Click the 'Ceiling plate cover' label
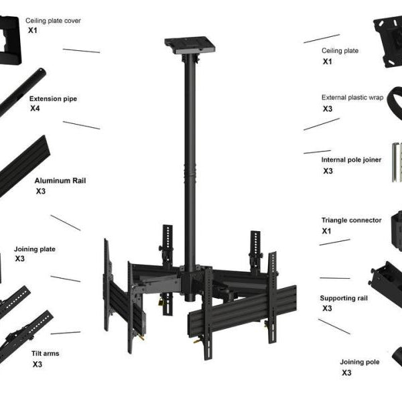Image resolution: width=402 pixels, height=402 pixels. click(53, 21)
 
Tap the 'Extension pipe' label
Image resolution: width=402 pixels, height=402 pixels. click(53, 98)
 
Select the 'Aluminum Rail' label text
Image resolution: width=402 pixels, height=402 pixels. click(60, 180)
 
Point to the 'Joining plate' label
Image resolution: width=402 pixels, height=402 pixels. click(35, 249)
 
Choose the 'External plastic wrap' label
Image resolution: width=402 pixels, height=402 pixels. click(352, 97)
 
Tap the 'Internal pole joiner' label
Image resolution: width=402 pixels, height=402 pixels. click(351, 160)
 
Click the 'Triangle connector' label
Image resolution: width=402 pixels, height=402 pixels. click(351, 220)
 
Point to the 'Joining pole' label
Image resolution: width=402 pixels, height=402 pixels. click(359, 362)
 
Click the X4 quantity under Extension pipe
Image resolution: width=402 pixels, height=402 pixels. click(36, 109)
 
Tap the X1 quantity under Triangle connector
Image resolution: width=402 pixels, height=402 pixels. click(327, 230)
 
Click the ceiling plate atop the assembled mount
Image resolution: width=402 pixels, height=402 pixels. click(191, 46)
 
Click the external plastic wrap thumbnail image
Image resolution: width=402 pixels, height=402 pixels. click(391, 108)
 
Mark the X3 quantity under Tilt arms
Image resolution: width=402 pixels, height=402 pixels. click(38, 364)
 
